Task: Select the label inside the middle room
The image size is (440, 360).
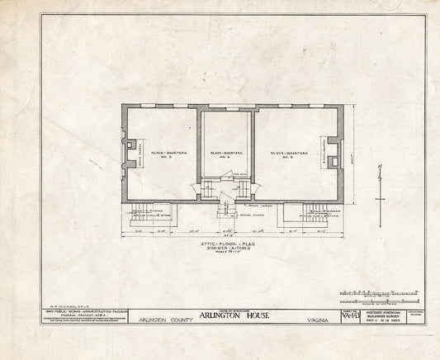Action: tap(225, 154)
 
